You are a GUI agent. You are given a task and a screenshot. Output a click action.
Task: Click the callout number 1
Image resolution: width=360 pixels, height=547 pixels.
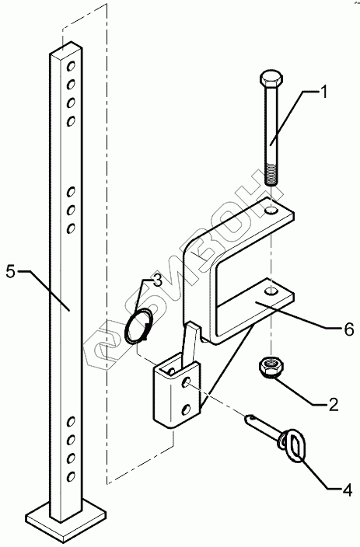pyautogui.click(x=323, y=92)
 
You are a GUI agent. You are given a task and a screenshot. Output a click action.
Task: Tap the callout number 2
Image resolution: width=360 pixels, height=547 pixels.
pyautogui.click(x=333, y=404)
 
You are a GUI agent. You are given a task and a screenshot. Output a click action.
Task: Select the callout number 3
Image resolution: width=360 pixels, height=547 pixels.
pyautogui.click(x=158, y=280)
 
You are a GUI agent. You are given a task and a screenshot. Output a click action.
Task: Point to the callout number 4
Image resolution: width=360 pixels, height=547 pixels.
pyautogui.click(x=347, y=490)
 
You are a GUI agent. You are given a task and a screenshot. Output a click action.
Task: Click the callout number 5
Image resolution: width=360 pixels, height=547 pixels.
pyautogui.click(x=11, y=272)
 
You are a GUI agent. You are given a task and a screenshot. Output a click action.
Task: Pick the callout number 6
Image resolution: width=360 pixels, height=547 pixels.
pyautogui.click(x=349, y=329)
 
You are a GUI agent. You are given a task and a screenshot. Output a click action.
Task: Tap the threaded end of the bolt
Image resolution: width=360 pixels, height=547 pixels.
pyautogui.click(x=271, y=174)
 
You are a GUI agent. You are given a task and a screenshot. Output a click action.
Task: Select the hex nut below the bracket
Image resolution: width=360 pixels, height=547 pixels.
pyautogui.click(x=271, y=368)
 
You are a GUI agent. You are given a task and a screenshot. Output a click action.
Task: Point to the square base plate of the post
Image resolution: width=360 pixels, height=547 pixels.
pyautogui.click(x=65, y=520)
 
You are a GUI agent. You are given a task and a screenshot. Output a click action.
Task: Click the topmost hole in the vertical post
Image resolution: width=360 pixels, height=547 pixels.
pyautogui.click(x=72, y=65)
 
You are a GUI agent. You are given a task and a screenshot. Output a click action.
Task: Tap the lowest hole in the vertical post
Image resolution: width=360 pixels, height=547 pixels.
pyautogui.click(x=71, y=476)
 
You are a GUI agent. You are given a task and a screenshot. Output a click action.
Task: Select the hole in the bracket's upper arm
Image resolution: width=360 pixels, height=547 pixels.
pyautogui.click(x=271, y=211)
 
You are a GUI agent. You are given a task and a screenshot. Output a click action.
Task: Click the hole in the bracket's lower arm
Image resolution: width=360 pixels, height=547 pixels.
pyautogui.click(x=271, y=291)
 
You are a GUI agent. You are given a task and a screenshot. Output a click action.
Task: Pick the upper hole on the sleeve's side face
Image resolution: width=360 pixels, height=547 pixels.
pyautogui.click(x=186, y=382)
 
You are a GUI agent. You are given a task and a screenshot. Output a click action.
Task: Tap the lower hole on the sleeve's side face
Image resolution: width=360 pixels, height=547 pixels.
pyautogui.click(x=187, y=409)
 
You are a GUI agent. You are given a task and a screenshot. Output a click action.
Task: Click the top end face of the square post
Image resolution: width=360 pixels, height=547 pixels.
pyautogui.click(x=66, y=51)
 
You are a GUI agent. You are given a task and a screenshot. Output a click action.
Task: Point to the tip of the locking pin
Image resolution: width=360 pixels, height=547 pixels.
pyautogui.click(x=249, y=417)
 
